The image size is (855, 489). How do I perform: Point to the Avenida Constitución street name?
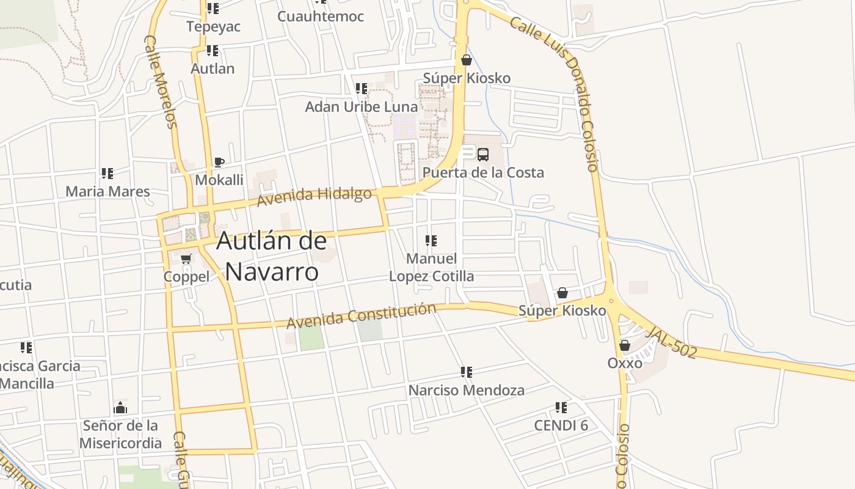pos(361,315)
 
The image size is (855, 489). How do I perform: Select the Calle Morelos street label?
pos(161,81)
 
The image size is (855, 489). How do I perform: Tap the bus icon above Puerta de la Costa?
pos(483,155)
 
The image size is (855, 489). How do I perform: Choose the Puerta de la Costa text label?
pos(483,172)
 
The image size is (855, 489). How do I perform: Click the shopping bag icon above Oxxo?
pos(624,345)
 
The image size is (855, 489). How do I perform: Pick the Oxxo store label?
pos(624,363)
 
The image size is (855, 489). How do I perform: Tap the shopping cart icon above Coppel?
pos(186,259)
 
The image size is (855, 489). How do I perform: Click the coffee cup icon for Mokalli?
pos(219,162)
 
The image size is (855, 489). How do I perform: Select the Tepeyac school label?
pos(213,27)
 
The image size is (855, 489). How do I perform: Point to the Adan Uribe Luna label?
pos(362,107)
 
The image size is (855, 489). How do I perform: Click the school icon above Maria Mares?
pos(107,174)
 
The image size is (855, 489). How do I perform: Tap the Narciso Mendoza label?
pos(466,390)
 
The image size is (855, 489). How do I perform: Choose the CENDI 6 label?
pos(561,425)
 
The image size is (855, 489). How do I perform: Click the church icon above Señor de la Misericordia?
pos(120,408)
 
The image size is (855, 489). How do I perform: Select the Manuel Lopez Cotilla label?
pos(431,268)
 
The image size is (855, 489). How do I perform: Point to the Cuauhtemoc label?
pos(320,17)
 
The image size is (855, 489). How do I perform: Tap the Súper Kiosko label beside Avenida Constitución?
pos(562,311)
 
